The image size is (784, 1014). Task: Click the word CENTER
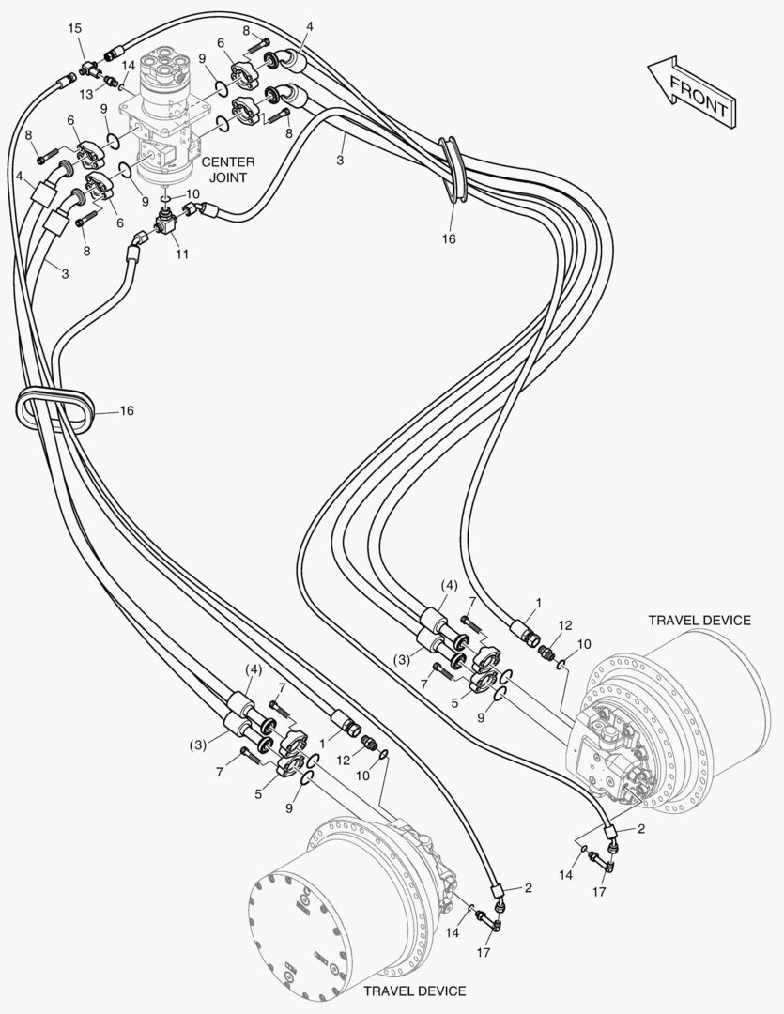[228, 162]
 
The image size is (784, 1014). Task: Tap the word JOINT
[227, 177]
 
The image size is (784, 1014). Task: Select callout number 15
[75, 30]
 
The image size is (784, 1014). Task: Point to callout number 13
[86, 94]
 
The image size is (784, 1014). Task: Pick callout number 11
[181, 255]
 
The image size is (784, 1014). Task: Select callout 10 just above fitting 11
[192, 194]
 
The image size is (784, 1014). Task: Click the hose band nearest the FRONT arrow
[454, 173]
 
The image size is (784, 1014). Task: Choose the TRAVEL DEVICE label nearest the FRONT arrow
[699, 620]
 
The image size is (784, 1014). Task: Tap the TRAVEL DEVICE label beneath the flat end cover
[414, 991]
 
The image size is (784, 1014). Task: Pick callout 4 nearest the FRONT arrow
[309, 25]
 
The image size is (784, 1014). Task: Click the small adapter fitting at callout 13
[109, 82]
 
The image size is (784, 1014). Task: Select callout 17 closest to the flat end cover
[484, 952]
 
